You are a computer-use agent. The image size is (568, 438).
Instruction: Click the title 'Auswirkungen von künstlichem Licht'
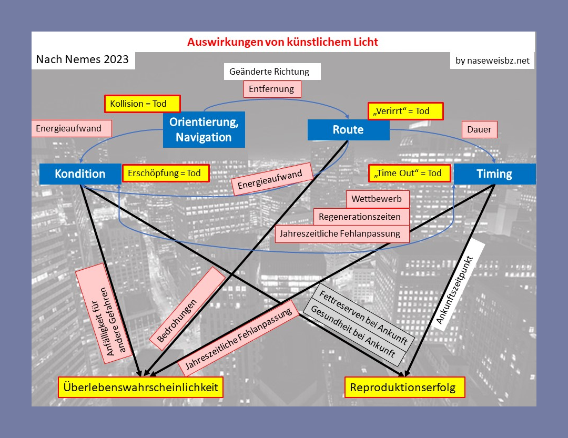[x=283, y=42]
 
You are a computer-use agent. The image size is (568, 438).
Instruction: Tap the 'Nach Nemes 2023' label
[x=83, y=59]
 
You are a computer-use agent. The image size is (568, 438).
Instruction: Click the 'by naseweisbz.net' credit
[x=492, y=60]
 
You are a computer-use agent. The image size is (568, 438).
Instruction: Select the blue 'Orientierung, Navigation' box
[x=204, y=129]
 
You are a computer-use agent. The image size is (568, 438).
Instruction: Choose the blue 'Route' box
[x=348, y=130]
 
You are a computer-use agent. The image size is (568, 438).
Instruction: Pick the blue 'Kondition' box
[x=80, y=174]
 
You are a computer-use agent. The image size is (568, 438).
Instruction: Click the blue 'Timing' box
[x=494, y=174]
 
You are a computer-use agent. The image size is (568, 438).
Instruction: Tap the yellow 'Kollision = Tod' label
[x=142, y=104]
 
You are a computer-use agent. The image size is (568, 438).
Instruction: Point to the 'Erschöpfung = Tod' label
[x=165, y=173]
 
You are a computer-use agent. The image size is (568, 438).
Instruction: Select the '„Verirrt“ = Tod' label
[x=405, y=111]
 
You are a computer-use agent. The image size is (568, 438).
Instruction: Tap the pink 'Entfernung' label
[x=272, y=89]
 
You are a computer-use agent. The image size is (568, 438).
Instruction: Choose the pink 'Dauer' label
[x=479, y=129]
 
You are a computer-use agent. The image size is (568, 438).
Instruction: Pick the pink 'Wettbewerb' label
[x=377, y=199]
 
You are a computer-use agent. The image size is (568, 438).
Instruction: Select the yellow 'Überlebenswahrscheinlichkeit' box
[x=140, y=388]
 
